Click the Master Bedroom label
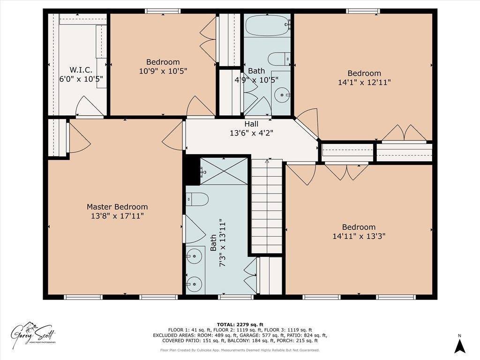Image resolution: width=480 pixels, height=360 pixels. tap(117, 207)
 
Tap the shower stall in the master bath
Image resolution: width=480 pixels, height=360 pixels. tap(224, 171)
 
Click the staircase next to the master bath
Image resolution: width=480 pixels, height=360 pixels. tap(267, 206)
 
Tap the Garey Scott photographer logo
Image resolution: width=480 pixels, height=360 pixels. tap(34, 334)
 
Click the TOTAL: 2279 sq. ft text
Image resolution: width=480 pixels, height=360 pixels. tap(240, 324)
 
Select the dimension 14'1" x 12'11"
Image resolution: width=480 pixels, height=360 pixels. tap(364, 82)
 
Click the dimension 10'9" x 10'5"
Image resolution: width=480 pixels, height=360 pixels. tap(163, 71)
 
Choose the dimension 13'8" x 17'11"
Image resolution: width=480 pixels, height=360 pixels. tap(117, 216)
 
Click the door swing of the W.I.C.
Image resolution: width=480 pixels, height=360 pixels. tap(86, 106)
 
